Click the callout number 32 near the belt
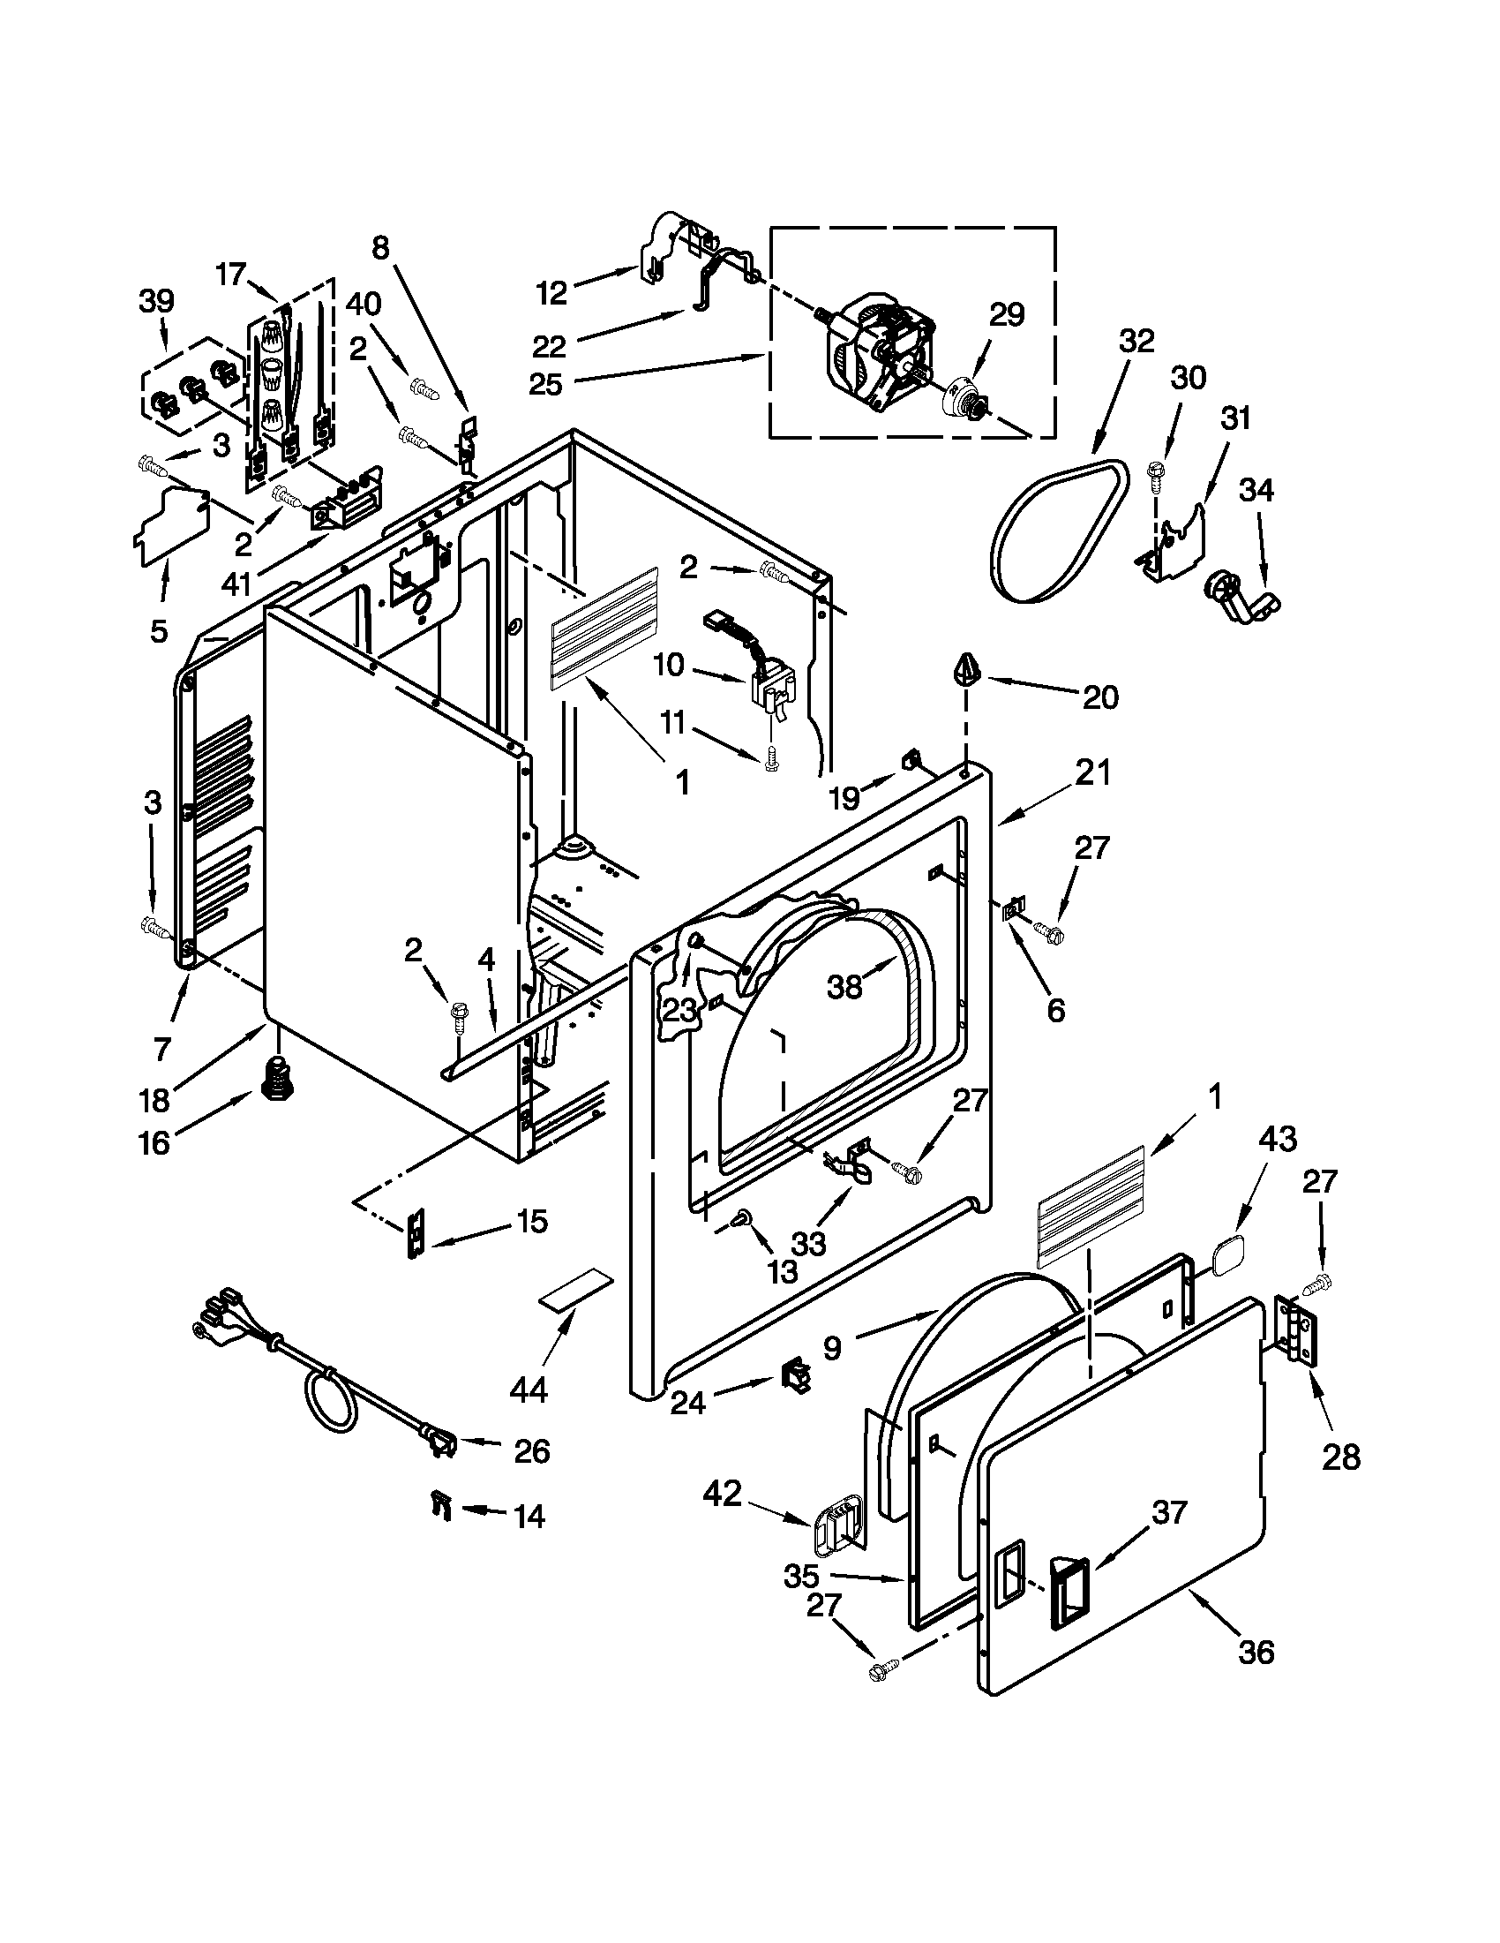click(1136, 341)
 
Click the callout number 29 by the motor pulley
click(1007, 315)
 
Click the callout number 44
click(529, 1389)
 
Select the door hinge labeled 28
click(1296, 1332)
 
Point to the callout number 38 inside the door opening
click(844, 987)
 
